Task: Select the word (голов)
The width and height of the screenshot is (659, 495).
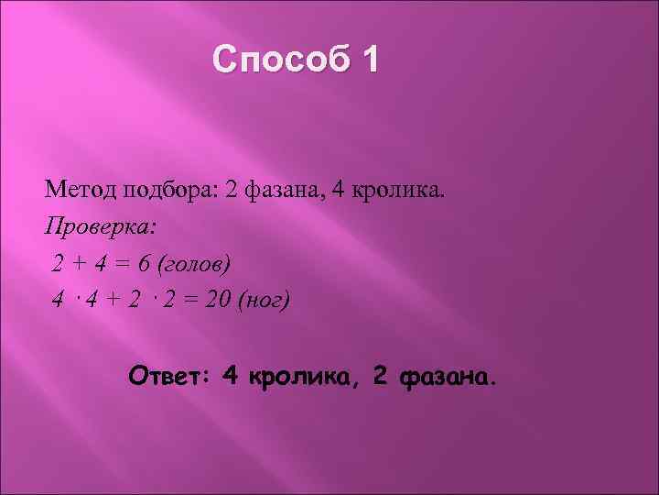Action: click(x=195, y=264)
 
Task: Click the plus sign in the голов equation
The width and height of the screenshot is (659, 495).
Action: click(x=80, y=264)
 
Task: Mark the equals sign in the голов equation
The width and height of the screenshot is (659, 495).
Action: click(x=122, y=264)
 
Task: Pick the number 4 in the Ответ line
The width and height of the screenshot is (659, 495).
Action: click(x=230, y=375)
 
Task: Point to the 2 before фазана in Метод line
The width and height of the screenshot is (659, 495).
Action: click(x=232, y=191)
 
